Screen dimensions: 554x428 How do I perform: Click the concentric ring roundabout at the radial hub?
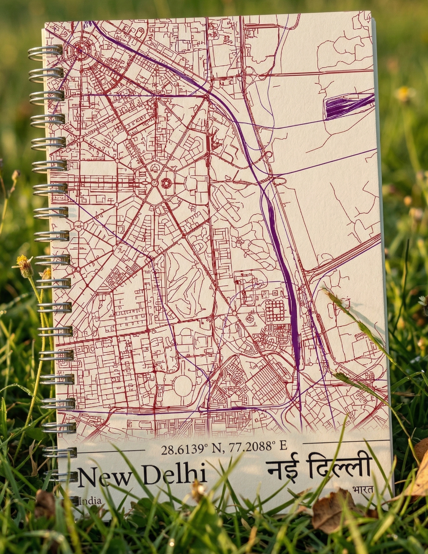[x=166, y=183]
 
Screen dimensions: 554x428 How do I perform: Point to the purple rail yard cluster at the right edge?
[x=347, y=105]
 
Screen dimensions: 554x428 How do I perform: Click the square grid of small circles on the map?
[x=275, y=310]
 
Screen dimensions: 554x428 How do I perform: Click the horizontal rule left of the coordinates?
[x=111, y=451]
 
